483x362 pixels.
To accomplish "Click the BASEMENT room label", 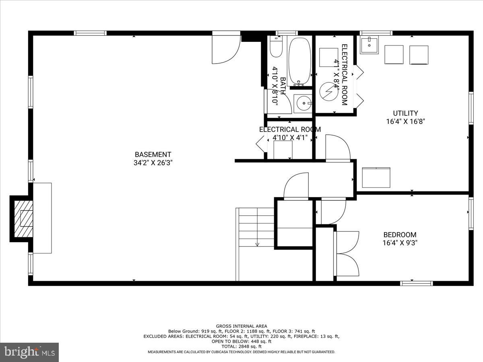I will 153,154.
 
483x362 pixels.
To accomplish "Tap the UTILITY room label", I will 405,113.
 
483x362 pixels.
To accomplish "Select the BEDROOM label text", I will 400,235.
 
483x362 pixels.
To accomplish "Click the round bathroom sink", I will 303,103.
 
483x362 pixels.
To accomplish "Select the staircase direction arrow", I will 257,243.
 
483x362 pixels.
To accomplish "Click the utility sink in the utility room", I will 369,45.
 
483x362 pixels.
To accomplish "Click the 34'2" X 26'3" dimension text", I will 153,163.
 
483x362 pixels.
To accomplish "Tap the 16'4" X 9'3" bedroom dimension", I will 400,243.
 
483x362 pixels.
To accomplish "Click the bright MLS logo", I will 29,352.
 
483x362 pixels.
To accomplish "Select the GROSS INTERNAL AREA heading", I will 242,326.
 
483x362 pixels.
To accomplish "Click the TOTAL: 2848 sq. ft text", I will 242,346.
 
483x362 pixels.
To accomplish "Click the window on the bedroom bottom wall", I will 416,283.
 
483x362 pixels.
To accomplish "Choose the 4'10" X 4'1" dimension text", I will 290,138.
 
